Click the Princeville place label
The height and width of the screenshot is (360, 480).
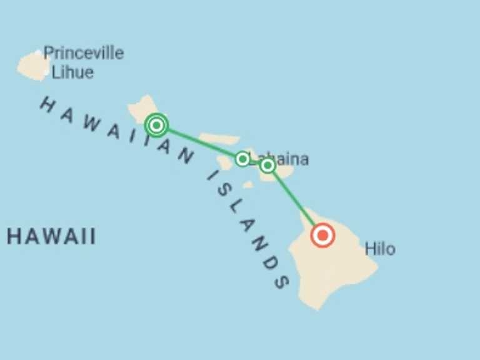[x=84, y=53]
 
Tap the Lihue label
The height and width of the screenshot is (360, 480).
[x=72, y=72]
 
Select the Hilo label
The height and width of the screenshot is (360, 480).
[x=380, y=249]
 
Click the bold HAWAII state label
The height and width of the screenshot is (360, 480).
[x=52, y=237]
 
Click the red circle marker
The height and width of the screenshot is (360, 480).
[x=322, y=236]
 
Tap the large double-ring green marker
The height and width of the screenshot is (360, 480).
[x=156, y=125]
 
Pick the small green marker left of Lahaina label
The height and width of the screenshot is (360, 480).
[x=242, y=159]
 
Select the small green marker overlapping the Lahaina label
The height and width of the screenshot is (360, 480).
[x=267, y=165]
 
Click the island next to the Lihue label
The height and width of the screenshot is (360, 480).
[x=32, y=66]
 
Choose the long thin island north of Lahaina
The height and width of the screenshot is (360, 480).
[x=219, y=139]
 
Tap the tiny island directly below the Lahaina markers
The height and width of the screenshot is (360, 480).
[x=248, y=184]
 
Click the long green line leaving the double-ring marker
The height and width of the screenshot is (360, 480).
[x=200, y=142]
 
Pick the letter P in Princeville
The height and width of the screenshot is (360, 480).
[x=48, y=53]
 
